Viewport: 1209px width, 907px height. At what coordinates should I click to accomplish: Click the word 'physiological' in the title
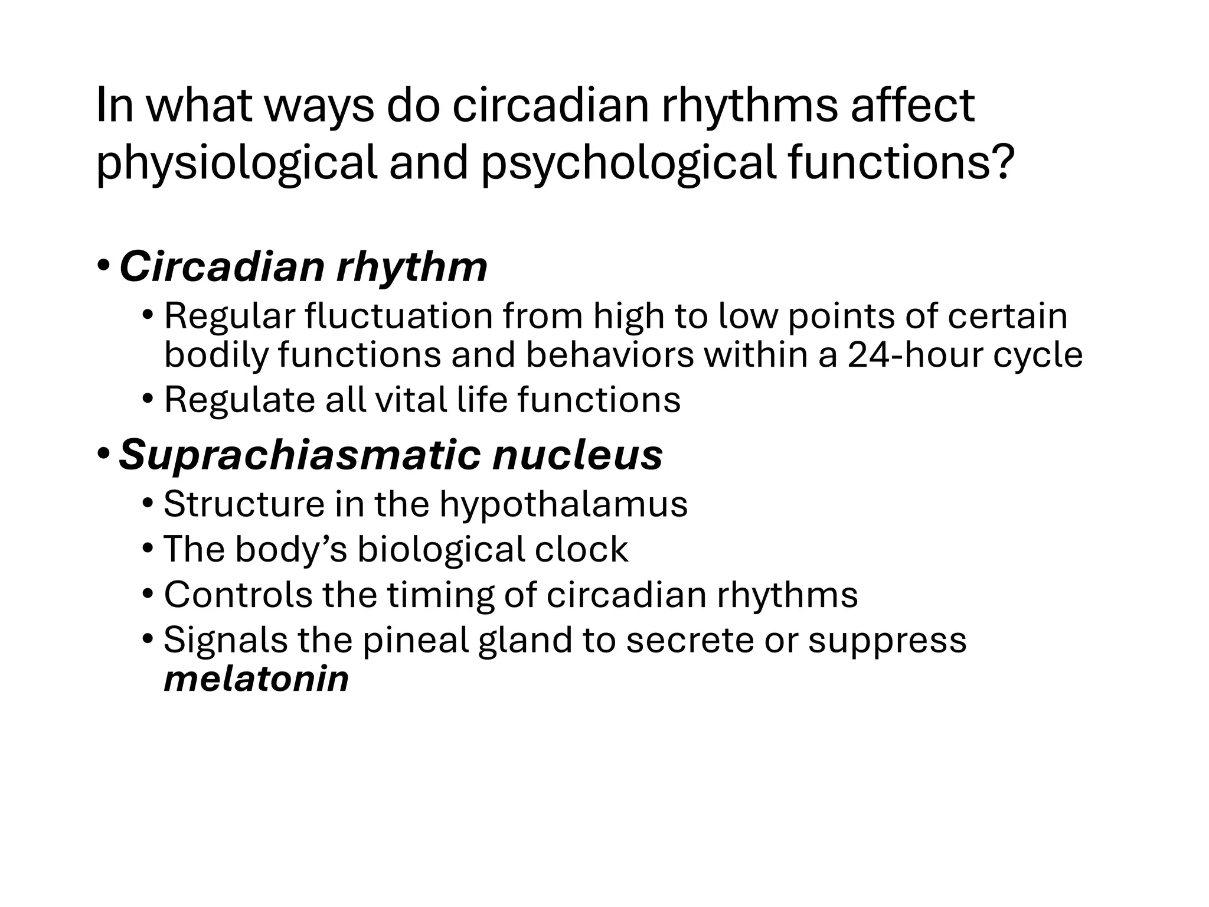click(x=236, y=163)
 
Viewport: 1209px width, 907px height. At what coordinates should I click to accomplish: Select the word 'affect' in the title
click(x=912, y=106)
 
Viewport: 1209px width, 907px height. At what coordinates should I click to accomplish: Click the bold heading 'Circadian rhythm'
click(x=303, y=267)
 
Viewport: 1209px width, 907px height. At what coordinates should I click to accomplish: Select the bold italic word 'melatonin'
click(x=256, y=678)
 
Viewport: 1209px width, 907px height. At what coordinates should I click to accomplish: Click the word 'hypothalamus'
click(x=563, y=504)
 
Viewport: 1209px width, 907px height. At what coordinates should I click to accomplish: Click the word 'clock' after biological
click(x=581, y=549)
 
